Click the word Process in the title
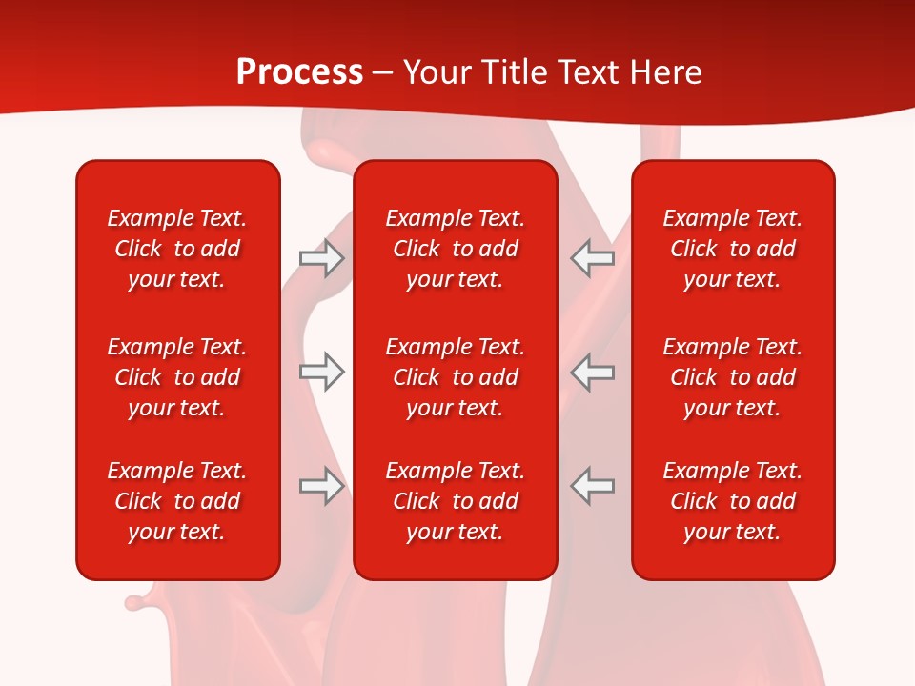pyautogui.click(x=299, y=72)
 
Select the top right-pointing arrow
pyautogui.click(x=321, y=258)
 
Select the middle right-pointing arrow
pyautogui.click(x=321, y=372)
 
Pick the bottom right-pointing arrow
pyautogui.click(x=321, y=486)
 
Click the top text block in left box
pyautogui.click(x=177, y=249)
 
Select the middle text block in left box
pyautogui.click(x=177, y=377)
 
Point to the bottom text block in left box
pyautogui.click(x=177, y=501)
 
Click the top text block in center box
pyautogui.click(x=455, y=249)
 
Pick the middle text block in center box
pyautogui.click(x=455, y=377)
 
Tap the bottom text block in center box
pyautogui.click(x=455, y=501)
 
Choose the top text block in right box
pyautogui.click(x=732, y=249)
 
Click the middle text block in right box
pyautogui.click(x=732, y=377)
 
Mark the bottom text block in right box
pyautogui.click(x=732, y=501)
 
